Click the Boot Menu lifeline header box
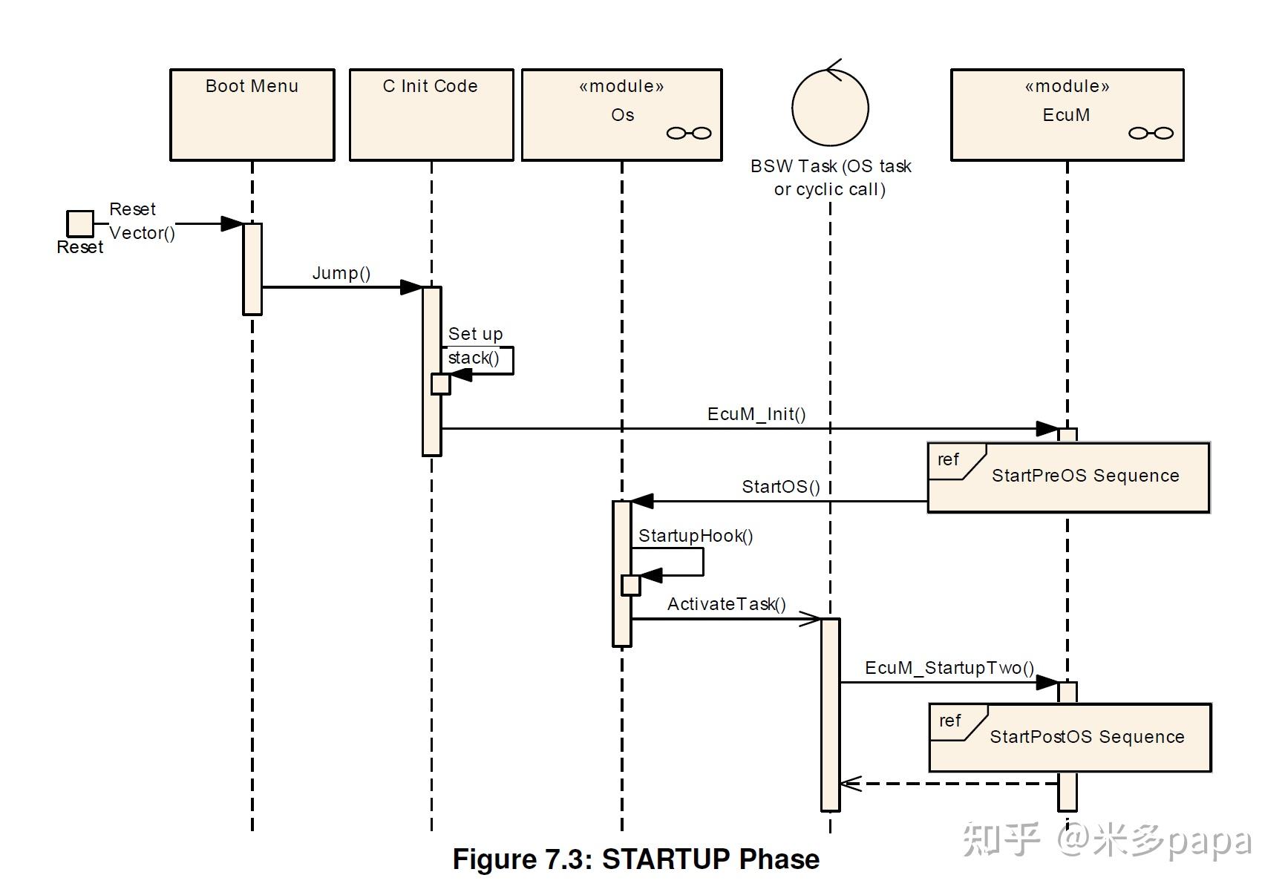(252, 114)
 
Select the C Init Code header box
(431, 114)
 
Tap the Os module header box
(621, 114)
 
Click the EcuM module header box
(1067, 114)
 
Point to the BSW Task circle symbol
(830, 108)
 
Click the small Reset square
(80, 223)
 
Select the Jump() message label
(341, 273)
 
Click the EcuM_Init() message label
(756, 414)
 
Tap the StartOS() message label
(781, 487)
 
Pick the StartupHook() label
(696, 536)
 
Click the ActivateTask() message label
(726, 604)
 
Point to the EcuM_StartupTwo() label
(949, 668)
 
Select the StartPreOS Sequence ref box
(1068, 478)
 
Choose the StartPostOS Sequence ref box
(1070, 738)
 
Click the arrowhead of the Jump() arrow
(411, 287)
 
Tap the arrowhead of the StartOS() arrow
(642, 502)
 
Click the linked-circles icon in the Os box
(689, 134)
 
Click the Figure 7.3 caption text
(636, 859)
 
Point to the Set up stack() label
(475, 346)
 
